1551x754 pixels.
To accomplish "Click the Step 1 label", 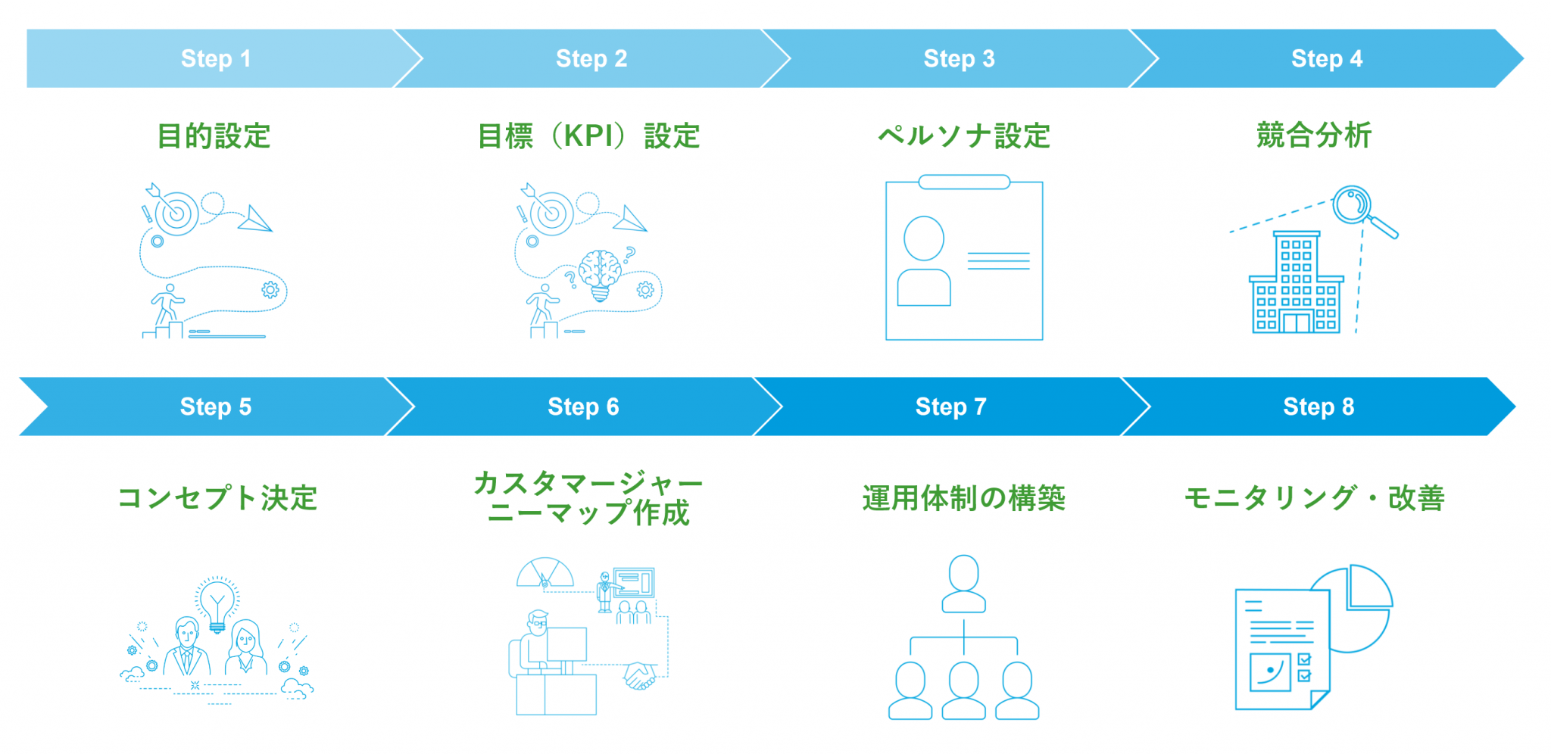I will [216, 58].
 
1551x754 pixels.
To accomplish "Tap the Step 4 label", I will [1326, 58].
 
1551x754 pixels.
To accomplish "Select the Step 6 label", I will [583, 407].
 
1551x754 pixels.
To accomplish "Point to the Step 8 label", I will [1319, 407].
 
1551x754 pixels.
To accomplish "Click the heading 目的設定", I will [214, 136].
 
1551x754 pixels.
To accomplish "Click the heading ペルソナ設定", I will [963, 136].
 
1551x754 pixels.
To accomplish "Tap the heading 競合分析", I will [1314, 136].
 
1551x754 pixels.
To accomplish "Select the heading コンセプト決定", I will [217, 498].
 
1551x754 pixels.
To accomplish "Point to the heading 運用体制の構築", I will [963, 498].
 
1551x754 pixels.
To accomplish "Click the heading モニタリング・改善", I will [1314, 498].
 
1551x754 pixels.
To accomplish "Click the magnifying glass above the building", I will [1353, 205].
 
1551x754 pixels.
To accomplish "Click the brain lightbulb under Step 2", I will [601, 273].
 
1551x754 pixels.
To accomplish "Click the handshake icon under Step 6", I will [641, 675].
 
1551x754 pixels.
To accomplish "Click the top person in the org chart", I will [963, 583].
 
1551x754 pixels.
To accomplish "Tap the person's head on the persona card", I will [924, 238].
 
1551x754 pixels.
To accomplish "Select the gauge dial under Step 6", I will [545, 573].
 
